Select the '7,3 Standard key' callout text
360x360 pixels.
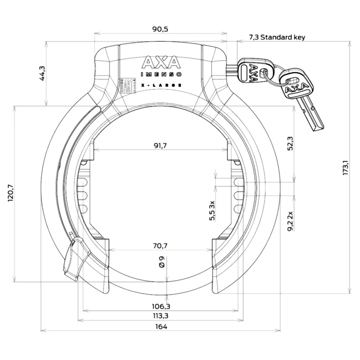pyautogui.click(x=277, y=37)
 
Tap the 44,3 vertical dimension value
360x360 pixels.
pyautogui.click(x=42, y=73)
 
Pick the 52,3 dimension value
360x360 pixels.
pyautogui.click(x=291, y=143)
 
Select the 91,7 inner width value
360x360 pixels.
pyautogui.click(x=160, y=145)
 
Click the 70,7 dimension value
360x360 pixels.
pyautogui.click(x=160, y=246)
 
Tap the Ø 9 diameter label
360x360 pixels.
pyautogui.click(x=162, y=262)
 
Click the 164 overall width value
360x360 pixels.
pyautogui.click(x=161, y=327)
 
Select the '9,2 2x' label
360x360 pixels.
pyautogui.click(x=290, y=220)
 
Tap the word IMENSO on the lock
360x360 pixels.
pyautogui.click(x=161, y=75)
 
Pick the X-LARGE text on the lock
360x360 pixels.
pyautogui.click(x=161, y=85)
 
